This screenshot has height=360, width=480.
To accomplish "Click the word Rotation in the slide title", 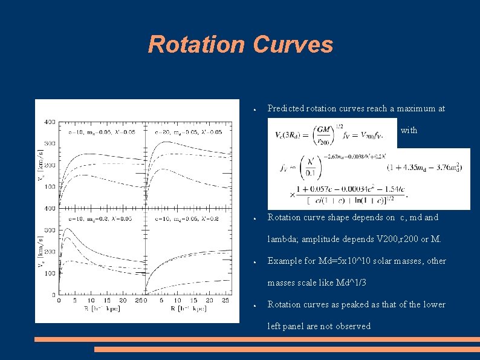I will tap(197, 44).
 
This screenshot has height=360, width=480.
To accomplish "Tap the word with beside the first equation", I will tap(409, 130).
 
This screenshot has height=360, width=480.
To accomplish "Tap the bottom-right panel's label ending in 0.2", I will tap(187, 218).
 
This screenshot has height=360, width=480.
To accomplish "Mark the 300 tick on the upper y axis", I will tap(48, 143).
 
